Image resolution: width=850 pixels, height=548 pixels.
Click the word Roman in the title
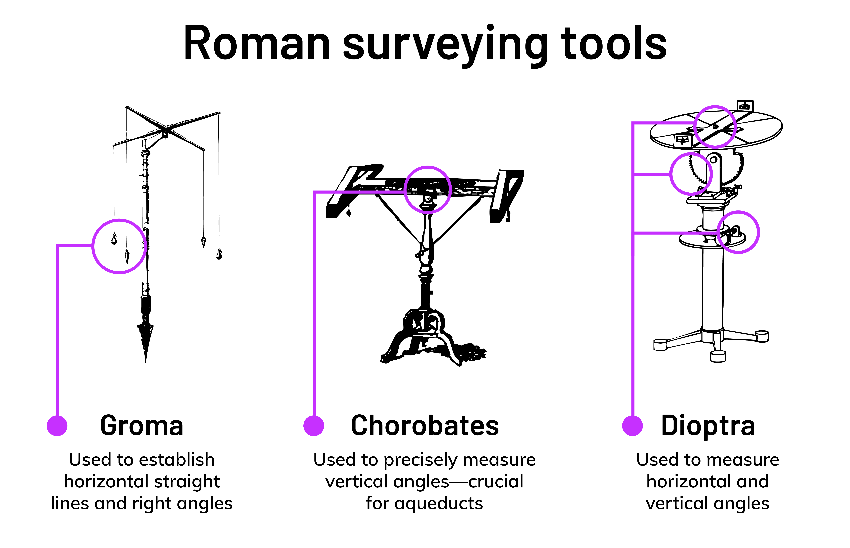257,43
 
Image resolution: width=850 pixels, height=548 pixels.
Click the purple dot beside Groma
57,426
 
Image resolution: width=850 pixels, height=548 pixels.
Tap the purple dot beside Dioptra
633,426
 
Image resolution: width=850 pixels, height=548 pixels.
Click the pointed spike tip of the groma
146,362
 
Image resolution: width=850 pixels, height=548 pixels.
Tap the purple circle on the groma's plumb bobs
93,246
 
